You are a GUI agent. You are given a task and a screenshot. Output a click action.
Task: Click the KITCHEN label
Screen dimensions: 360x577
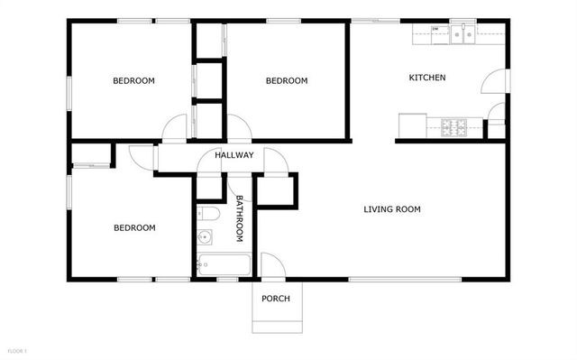click(427, 78)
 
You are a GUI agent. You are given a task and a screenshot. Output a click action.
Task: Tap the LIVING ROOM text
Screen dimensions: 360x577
click(392, 210)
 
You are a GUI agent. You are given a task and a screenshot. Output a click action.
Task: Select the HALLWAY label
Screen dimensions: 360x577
click(234, 155)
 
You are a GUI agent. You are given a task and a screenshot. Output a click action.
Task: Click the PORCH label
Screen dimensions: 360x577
click(276, 299)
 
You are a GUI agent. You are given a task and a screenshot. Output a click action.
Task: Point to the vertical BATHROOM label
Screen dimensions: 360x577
click(240, 218)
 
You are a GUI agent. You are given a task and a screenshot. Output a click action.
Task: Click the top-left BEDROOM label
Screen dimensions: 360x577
click(133, 81)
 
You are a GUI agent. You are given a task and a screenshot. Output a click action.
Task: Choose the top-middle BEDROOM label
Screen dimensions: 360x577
click(287, 81)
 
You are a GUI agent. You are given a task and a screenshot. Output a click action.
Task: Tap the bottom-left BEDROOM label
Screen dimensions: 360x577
click(134, 228)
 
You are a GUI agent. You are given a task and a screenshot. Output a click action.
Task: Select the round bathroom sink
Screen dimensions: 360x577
click(205, 239)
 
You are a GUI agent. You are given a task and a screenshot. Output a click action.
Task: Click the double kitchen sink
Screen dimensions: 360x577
click(464, 35)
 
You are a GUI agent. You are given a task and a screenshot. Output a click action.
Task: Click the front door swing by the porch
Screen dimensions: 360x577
click(271, 265)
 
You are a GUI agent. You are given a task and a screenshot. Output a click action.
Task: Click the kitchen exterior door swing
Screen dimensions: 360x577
click(495, 84)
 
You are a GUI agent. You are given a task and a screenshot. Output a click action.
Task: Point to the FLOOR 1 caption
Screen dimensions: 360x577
click(18, 350)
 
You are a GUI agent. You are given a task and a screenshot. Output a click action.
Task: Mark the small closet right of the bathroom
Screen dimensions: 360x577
click(277, 191)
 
